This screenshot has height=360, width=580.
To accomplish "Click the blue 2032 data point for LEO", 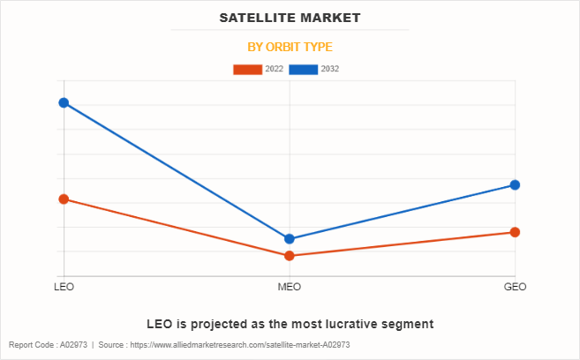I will point(64,103).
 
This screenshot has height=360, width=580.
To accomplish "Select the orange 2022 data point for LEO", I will point(64,199).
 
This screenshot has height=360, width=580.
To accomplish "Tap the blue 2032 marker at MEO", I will point(290,238).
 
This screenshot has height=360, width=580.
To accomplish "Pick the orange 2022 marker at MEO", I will point(290,256).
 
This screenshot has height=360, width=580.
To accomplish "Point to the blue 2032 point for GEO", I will point(515,185).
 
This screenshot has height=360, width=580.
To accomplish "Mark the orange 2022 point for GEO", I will point(515,232).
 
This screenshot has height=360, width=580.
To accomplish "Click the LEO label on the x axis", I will point(64,288).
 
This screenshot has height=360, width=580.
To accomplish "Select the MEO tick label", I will point(290,288).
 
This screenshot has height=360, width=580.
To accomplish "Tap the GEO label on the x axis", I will point(515,288).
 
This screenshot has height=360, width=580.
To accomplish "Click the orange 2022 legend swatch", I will point(247,69).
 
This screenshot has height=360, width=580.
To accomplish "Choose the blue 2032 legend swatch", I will point(304,69).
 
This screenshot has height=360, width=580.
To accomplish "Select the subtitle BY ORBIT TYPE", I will point(290,47).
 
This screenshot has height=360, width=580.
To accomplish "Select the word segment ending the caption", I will point(407,324).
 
